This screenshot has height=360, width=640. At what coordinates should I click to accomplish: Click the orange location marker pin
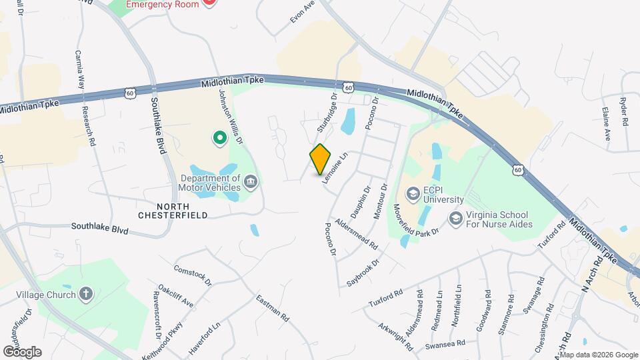pos(321,159)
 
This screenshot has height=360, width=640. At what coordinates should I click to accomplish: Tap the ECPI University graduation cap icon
pos(413,193)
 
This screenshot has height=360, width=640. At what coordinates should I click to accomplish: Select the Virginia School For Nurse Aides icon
pos(456,218)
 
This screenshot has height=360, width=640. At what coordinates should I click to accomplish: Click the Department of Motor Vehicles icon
pos(250,182)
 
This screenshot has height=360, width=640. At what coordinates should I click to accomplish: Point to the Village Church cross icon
pos(85,293)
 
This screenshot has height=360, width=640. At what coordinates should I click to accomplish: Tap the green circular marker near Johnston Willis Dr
pos(219,139)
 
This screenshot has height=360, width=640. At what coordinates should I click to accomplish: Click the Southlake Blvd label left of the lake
pos(99,228)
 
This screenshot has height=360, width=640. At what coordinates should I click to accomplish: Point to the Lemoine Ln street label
pos(335,169)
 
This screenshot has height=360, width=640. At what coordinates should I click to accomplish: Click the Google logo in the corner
pos(22,351)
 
